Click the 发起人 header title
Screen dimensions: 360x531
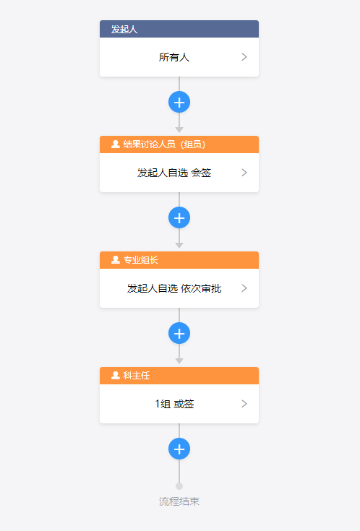point(124,30)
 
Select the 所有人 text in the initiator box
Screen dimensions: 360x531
point(174,57)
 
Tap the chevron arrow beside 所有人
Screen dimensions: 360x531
point(244,57)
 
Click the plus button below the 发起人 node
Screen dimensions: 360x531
point(179,102)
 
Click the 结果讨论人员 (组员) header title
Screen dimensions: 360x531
point(164,144)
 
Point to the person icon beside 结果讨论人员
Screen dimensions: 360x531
point(116,144)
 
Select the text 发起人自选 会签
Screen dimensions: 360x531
point(174,173)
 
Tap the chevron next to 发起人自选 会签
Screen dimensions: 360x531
point(244,173)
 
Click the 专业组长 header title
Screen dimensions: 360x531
point(141,260)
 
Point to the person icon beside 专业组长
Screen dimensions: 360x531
point(116,260)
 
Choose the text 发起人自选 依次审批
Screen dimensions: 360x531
point(174,288)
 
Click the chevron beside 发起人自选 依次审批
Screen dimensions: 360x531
point(244,288)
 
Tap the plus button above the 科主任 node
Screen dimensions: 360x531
point(179,333)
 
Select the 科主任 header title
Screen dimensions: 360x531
point(137,376)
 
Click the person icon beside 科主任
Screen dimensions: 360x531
point(116,375)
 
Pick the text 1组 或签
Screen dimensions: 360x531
point(174,404)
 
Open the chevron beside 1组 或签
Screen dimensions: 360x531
point(244,404)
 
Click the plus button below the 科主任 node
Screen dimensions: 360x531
point(179,449)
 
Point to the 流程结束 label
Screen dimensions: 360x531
point(179,501)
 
